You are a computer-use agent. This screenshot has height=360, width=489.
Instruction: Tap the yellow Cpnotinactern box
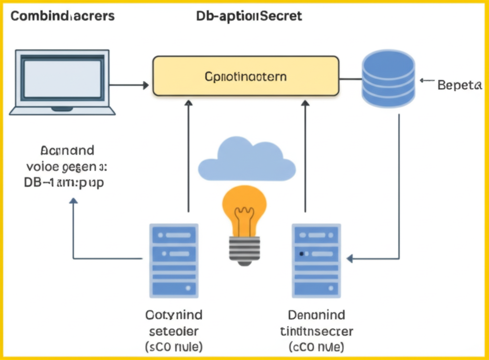(x=245, y=76)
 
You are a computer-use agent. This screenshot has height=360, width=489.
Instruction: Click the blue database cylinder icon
(x=388, y=79)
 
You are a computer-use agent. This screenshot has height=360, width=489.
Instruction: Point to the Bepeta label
(x=458, y=86)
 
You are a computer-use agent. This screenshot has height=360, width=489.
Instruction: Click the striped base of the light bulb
(x=244, y=249)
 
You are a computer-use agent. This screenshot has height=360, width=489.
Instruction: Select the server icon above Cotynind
(x=173, y=260)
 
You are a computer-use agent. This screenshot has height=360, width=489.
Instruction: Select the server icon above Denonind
(x=316, y=260)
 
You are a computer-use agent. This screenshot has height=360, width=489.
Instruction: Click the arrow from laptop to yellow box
(x=129, y=85)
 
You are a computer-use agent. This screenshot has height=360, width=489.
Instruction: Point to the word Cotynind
(x=173, y=315)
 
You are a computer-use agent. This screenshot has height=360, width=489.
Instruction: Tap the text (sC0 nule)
(x=173, y=346)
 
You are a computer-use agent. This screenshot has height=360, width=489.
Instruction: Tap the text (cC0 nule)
(x=316, y=346)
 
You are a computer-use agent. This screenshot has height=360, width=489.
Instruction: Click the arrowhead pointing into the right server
(x=350, y=259)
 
